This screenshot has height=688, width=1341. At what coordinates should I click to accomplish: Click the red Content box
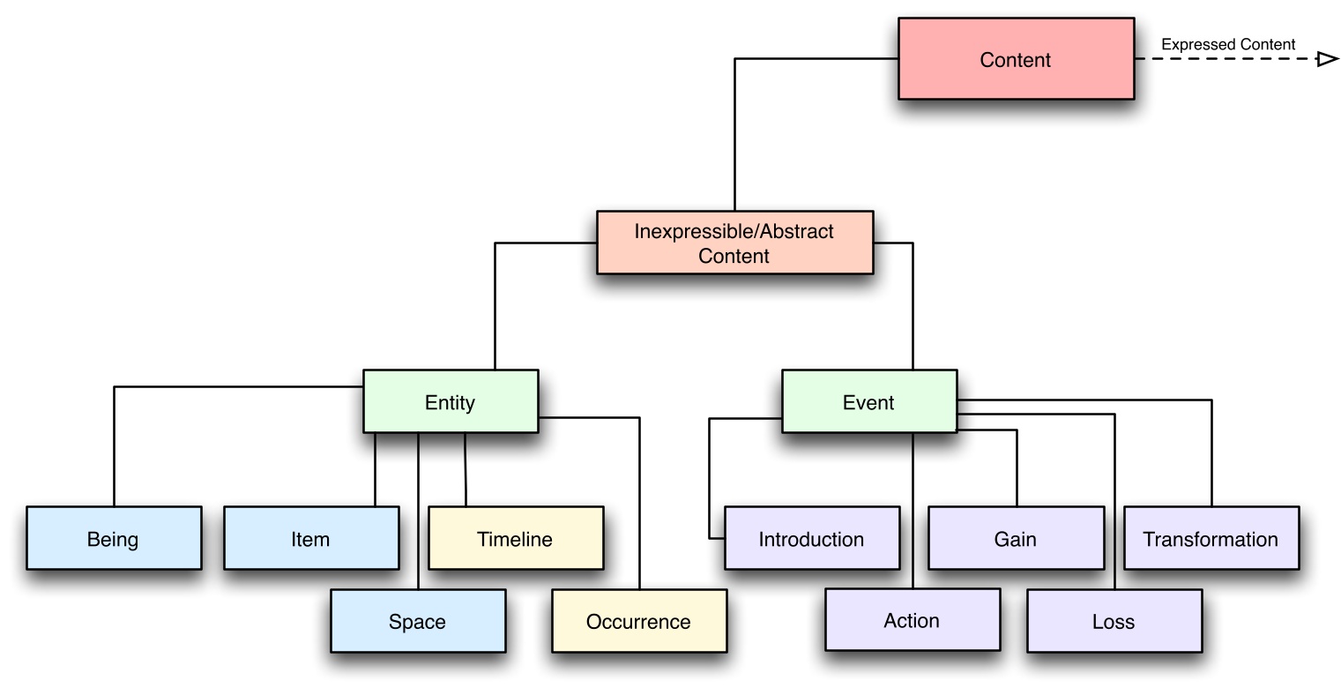(1016, 60)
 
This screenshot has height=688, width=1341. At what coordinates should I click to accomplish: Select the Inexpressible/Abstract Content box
(734, 243)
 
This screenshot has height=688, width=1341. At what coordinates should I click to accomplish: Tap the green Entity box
(450, 403)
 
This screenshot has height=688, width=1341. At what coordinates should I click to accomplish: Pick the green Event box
(868, 403)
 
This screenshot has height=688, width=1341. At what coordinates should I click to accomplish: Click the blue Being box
(113, 538)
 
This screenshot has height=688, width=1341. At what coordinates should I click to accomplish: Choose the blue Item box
(310, 538)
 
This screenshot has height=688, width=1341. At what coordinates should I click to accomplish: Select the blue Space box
(417, 621)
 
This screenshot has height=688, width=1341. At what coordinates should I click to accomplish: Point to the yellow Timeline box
(515, 538)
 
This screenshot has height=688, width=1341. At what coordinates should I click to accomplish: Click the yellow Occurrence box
(638, 621)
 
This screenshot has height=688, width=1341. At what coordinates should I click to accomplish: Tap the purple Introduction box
(811, 538)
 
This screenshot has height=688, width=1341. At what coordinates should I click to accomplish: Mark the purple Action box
(912, 620)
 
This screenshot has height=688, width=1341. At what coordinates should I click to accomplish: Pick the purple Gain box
(1016, 538)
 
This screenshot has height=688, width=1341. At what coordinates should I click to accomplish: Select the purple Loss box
(1114, 621)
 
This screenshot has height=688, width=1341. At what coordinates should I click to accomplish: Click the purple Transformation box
(1211, 538)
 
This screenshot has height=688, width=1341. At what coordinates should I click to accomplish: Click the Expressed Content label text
(1228, 44)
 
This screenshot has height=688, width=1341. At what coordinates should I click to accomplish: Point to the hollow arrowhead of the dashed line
(1327, 59)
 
